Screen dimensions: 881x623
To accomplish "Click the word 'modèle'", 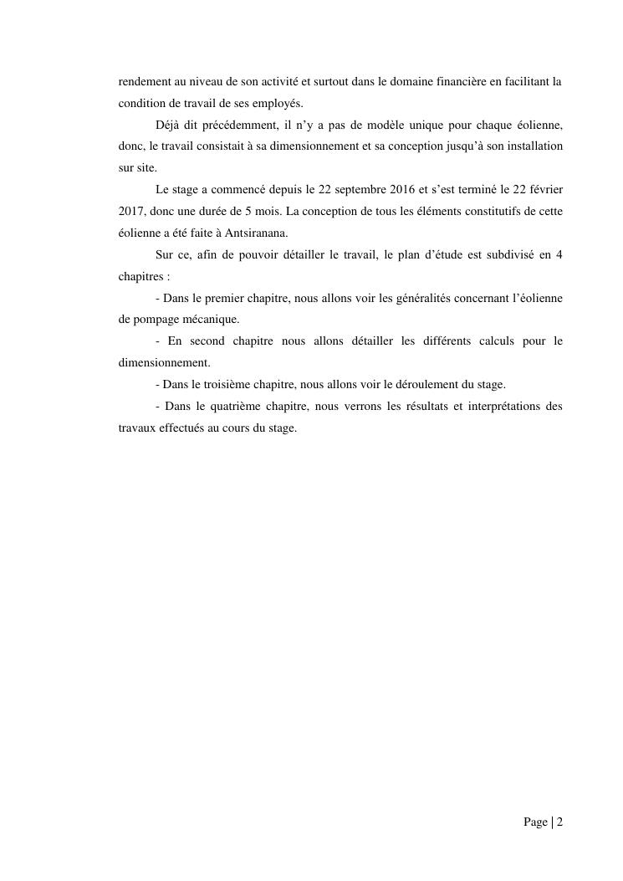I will point(407,125).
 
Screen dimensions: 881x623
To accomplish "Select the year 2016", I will point(402,190).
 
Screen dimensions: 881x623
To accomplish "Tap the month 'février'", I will point(544,190).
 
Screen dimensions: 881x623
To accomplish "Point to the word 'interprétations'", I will point(511,407).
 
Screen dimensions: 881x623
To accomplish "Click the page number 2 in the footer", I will point(559,822).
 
